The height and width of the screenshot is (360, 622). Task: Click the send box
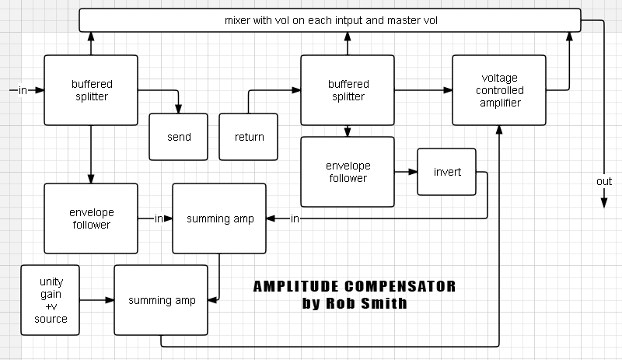[179, 137]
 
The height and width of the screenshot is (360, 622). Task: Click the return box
[249, 137]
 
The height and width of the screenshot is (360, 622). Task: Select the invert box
[447, 171]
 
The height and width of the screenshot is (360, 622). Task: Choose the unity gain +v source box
[51, 300]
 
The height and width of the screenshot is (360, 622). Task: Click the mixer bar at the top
[330, 20]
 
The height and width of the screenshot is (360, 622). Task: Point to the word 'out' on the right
[604, 181]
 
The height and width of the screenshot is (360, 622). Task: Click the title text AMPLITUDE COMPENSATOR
[354, 287]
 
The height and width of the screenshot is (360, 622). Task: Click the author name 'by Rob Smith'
[354, 303]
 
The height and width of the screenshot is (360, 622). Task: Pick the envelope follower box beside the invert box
[348, 172]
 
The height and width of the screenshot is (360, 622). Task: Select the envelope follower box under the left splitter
[91, 218]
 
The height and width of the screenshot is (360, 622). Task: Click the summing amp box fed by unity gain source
[161, 300]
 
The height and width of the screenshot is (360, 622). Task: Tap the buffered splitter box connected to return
[348, 90]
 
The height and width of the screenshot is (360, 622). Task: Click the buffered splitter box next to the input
[91, 90]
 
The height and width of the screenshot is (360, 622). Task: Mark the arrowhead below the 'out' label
[604, 204]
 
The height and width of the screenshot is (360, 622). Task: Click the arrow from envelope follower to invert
[406, 171]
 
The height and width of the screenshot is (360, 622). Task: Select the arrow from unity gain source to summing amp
[97, 299]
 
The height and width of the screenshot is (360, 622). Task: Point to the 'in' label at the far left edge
[22, 90]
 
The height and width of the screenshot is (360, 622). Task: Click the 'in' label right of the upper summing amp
[295, 218]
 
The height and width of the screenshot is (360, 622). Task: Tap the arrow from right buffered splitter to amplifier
[424, 90]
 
